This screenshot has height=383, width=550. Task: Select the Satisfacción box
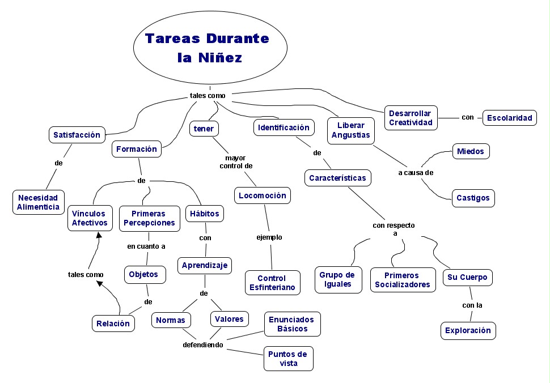tap(77, 135)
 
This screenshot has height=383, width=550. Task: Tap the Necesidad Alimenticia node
tap(39, 202)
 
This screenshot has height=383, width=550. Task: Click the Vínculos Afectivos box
tap(89, 218)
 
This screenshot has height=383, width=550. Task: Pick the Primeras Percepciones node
tap(149, 218)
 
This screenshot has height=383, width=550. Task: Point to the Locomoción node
tap(263, 195)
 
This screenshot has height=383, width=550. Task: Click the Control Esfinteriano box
tap(272, 283)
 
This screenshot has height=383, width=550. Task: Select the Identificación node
tap(284, 127)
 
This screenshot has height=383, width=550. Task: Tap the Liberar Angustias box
tap(350, 130)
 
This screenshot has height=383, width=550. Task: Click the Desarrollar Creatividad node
tap(411, 117)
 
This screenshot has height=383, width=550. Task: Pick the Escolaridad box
tap(509, 118)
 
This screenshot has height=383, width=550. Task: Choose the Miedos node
tap(471, 151)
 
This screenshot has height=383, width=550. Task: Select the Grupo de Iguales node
tap(337, 279)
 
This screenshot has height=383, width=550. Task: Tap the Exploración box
tap(468, 330)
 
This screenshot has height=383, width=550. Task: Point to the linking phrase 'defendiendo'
tap(202, 344)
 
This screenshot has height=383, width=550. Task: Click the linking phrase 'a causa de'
tap(415, 173)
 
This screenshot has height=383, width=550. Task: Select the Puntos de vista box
tap(288, 359)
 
